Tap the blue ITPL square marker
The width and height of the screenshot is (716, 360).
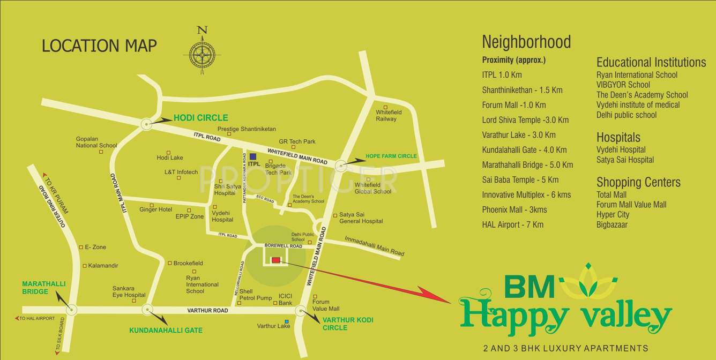[253, 156]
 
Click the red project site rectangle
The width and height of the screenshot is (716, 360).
[275, 260]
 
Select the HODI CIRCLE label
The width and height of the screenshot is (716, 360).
[200, 118]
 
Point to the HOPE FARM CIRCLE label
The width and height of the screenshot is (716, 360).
[391, 156]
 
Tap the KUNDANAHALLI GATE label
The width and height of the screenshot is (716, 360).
[166, 331]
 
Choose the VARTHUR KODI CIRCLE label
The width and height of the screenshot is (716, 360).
[348, 324]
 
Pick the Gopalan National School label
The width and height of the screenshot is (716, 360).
[96, 142]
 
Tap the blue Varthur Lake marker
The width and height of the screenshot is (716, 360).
[287, 321]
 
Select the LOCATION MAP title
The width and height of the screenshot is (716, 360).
[99, 46]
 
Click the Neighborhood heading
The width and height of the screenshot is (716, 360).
[526, 42]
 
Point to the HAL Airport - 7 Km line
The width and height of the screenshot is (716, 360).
[512, 225]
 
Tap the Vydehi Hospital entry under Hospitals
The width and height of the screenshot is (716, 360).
[621, 149]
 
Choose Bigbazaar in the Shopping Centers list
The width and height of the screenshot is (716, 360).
[611, 224]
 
